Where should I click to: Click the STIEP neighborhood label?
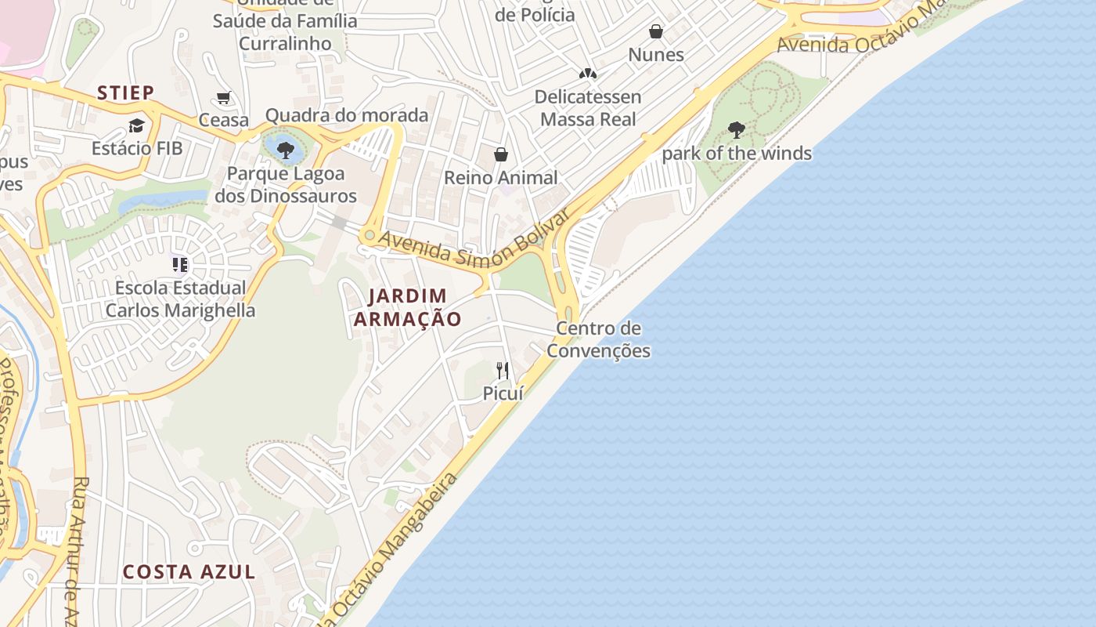[126, 92]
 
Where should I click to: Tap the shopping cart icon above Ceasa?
[224, 98]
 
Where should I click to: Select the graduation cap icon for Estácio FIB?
[137, 126]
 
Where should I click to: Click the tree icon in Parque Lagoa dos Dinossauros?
[285, 149]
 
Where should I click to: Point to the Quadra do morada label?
[347, 116]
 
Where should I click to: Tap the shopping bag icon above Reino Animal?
[500, 154]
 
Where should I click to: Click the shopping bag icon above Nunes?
[656, 31]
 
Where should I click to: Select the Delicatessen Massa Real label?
[588, 108]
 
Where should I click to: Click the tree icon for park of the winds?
[736, 130]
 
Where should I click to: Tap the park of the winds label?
[737, 154]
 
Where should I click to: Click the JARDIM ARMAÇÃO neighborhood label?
[407, 307]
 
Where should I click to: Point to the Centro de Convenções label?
[598, 339]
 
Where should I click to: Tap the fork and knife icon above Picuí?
[503, 370]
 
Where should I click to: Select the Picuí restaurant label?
[503, 393]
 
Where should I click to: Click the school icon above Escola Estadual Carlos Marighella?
[180, 265]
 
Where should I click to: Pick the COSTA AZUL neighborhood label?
[189, 571]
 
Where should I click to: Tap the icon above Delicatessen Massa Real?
[588, 73]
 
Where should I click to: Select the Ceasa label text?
[224, 121]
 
